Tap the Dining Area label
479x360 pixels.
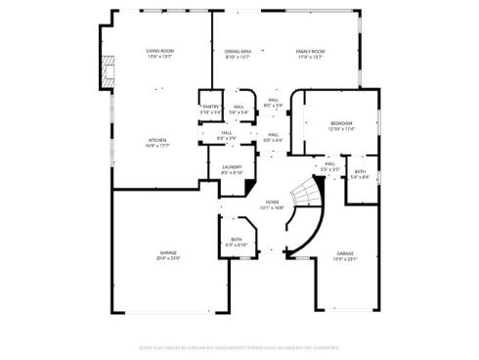point(238,51)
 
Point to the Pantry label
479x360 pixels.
point(210,107)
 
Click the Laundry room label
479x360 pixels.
point(232,166)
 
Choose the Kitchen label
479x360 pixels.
point(157,140)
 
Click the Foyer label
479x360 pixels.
point(272,202)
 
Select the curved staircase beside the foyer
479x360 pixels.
point(305,220)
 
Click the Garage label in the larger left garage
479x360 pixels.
point(169,252)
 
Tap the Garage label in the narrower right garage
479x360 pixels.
point(344,252)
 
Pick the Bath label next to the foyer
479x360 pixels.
point(238,239)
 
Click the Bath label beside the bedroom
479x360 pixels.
point(360,171)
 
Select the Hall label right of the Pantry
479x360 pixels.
point(239,107)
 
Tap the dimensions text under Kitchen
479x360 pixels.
point(157,146)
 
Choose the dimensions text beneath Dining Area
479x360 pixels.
point(238,57)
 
